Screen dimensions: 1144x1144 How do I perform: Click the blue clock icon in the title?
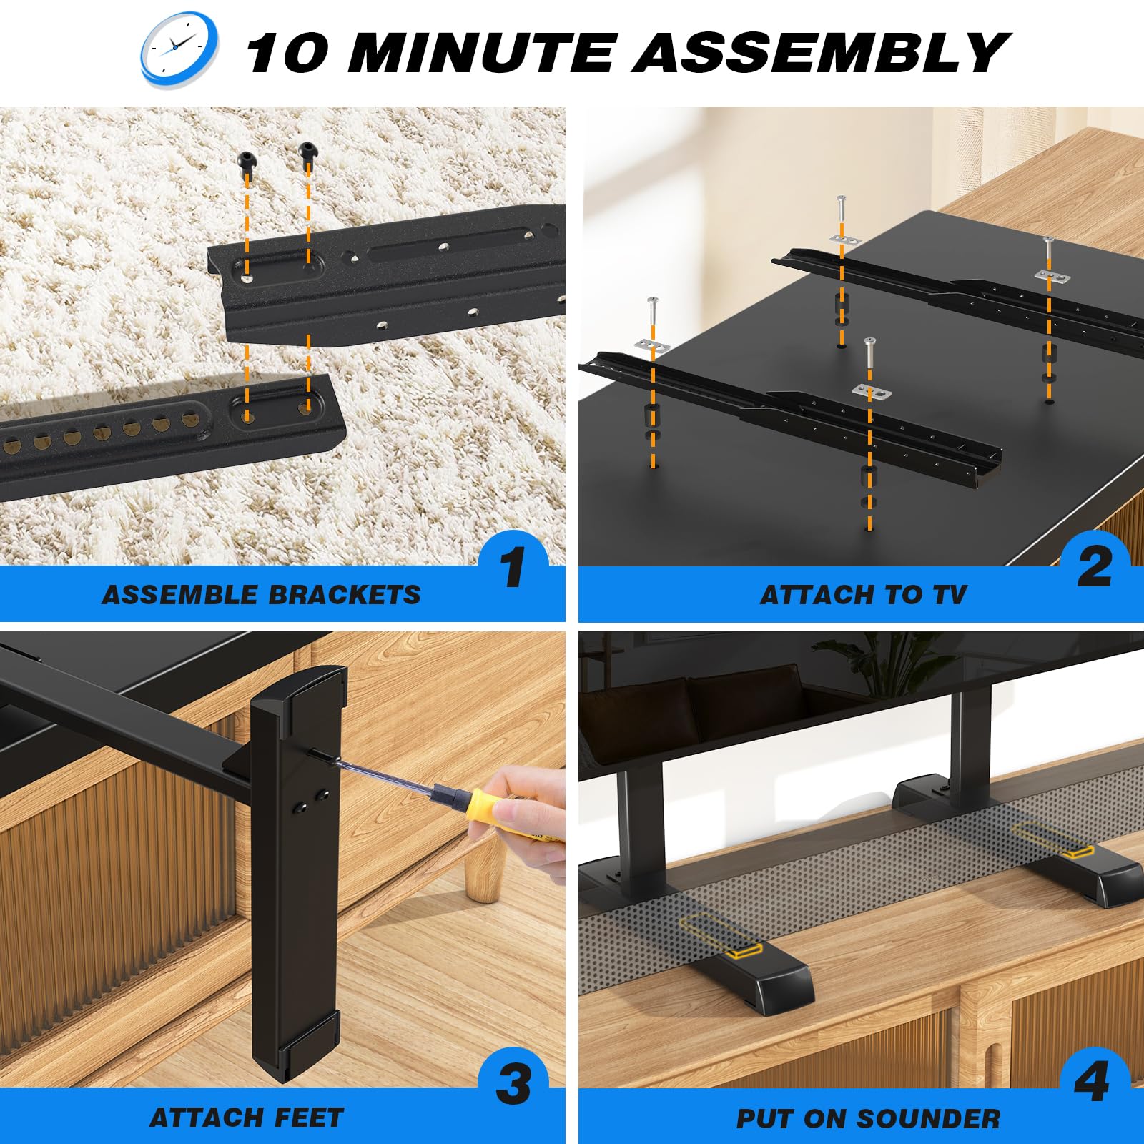[x=179, y=49]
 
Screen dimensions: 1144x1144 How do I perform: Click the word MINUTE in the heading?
[x=480, y=53]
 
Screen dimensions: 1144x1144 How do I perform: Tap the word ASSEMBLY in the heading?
[x=819, y=53]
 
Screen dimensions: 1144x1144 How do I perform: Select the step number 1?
[x=513, y=568]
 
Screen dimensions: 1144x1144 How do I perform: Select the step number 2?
[x=1094, y=568]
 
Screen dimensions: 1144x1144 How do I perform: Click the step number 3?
[x=513, y=1083]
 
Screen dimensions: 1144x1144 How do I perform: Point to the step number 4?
[x=1092, y=1082]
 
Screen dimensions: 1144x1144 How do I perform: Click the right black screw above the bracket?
[x=308, y=151]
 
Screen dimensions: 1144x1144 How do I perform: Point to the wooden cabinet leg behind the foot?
[x=480, y=872]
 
